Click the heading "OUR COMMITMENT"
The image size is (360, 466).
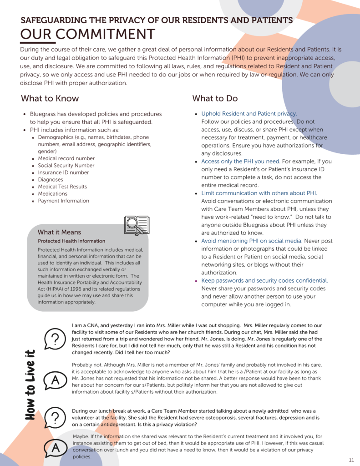click(x=87, y=35)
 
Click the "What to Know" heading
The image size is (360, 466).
click(x=50, y=98)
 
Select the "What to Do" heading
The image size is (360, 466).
click(x=215, y=98)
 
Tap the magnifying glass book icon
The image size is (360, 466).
click(x=136, y=225)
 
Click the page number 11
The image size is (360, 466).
click(x=351, y=460)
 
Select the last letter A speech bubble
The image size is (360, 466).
click(x=55, y=448)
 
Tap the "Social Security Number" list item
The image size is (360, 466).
click(x=66, y=166)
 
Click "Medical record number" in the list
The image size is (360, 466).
click(x=66, y=158)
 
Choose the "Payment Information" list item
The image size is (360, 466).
click(x=63, y=201)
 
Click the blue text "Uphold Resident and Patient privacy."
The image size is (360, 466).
click(x=249, y=114)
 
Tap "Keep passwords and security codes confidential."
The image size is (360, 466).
click(x=264, y=281)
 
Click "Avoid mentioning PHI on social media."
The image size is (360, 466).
click(x=252, y=241)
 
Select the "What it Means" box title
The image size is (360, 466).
click(x=59, y=232)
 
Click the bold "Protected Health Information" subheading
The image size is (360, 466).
click(x=71, y=241)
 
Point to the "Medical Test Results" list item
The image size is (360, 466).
click(x=62, y=187)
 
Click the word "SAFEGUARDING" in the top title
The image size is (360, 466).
click(x=54, y=20)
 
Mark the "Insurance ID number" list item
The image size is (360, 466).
click(x=63, y=172)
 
